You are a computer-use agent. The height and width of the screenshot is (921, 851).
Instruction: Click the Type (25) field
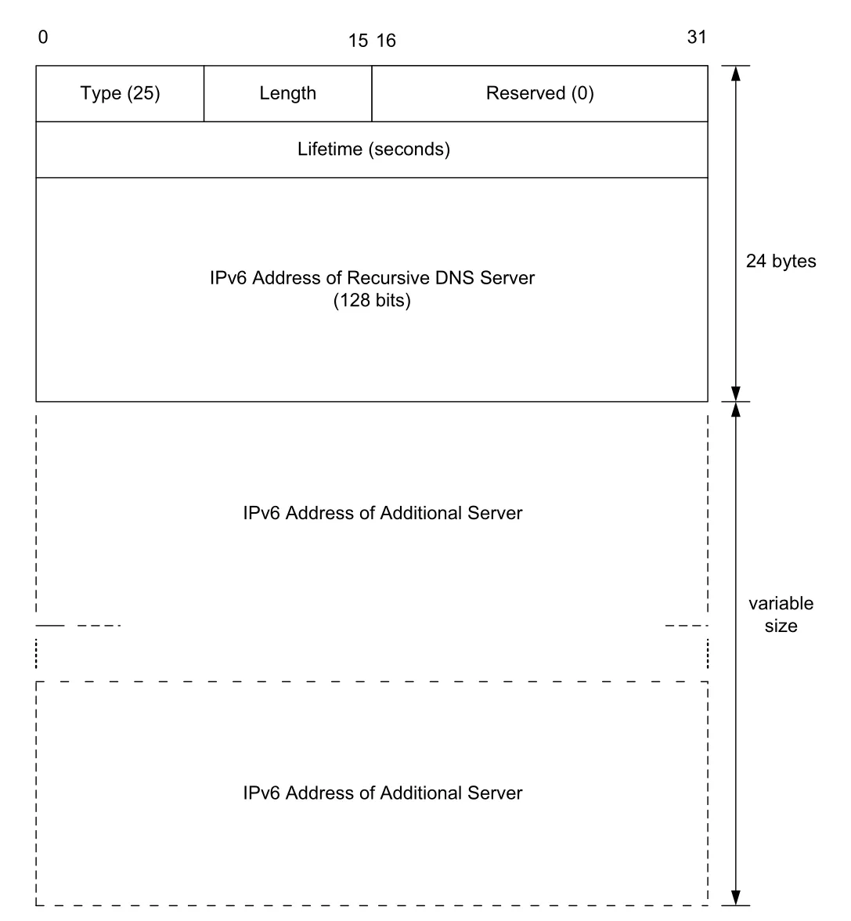120,93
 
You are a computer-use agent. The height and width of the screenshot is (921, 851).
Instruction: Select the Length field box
288,93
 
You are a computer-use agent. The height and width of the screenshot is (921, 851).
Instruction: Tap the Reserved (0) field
539,93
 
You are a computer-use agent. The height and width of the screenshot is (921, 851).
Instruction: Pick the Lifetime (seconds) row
372,149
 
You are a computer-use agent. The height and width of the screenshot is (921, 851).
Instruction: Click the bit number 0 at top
43,37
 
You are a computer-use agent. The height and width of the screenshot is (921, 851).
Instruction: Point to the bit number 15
358,41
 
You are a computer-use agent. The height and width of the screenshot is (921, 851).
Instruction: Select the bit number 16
386,41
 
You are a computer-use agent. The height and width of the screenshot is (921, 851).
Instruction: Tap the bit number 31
697,37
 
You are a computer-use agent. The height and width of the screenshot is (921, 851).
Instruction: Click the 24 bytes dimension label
781,261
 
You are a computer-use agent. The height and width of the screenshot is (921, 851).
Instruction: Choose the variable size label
781,614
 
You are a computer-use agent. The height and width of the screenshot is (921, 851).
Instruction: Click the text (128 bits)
372,300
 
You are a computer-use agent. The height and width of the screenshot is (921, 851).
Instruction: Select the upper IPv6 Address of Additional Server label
382,513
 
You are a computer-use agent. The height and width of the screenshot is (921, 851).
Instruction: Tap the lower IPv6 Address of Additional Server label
382,793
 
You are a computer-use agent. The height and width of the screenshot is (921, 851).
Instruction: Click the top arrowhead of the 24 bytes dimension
735,72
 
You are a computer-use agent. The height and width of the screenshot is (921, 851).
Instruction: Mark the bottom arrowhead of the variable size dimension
735,898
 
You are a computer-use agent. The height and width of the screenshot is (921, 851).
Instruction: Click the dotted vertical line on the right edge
708,654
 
